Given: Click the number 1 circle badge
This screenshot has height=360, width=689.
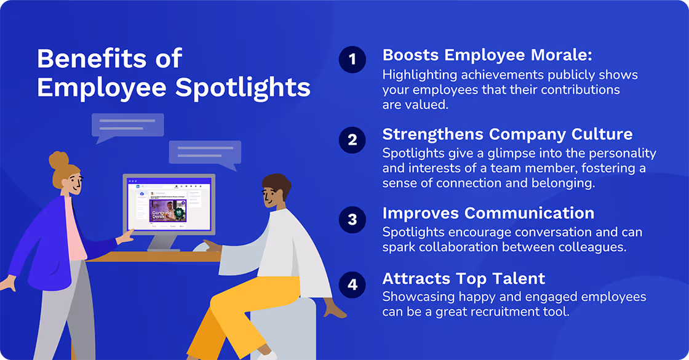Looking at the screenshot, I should pyautogui.click(x=352, y=60).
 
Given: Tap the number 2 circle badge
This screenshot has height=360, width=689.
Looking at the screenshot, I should pyautogui.click(x=352, y=140).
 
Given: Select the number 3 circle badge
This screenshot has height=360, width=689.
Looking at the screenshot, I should pyautogui.click(x=352, y=220).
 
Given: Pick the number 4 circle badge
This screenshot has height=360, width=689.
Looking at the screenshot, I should pyautogui.click(x=352, y=284).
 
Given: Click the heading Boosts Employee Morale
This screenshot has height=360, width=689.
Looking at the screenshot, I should pyautogui.click(x=487, y=55).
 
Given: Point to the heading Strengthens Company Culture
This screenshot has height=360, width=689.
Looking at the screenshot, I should pyautogui.click(x=508, y=134).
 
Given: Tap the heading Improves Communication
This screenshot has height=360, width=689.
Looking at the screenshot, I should pyautogui.click(x=488, y=214).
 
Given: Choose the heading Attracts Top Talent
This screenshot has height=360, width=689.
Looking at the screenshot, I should pyautogui.click(x=464, y=278).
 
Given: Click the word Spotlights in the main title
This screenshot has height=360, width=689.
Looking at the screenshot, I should pyautogui.click(x=243, y=87).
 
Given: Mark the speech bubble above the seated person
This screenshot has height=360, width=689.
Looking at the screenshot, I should pyautogui.click(x=205, y=154).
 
